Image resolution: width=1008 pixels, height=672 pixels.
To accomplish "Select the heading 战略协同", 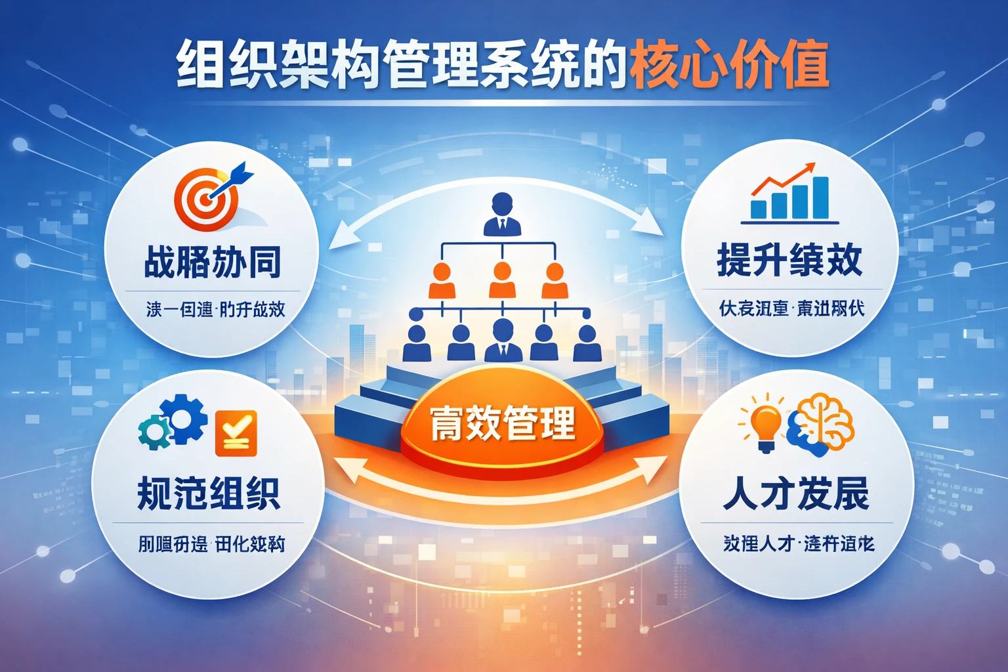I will [212, 262].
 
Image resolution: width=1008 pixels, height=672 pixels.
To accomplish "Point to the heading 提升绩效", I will [789, 260].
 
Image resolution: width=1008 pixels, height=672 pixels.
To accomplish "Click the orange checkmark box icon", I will [236, 433].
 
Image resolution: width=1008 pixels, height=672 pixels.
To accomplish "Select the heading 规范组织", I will [209, 493].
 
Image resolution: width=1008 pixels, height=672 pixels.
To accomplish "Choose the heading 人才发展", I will [795, 493].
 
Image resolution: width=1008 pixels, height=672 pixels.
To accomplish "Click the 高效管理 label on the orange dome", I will [502, 424].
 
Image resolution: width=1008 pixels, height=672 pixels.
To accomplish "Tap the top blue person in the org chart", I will [502, 214].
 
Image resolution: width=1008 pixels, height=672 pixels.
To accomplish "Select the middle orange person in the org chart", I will [502, 281].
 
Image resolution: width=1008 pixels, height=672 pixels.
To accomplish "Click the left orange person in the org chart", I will [441, 281].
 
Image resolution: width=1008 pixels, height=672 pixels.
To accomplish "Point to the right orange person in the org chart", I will [555, 281].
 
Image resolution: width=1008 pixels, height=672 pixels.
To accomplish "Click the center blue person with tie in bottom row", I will [503, 340].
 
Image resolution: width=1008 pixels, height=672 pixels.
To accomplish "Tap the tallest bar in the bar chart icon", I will [820, 197].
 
